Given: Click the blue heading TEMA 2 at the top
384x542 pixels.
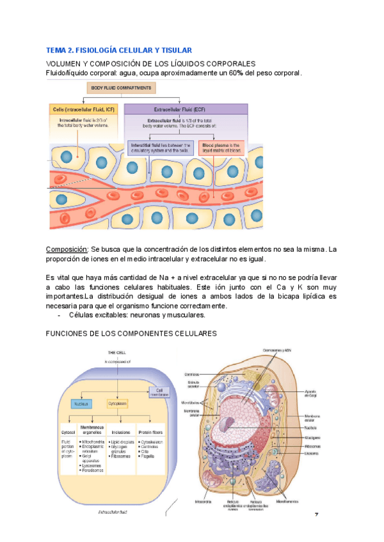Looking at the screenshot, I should coord(119,50).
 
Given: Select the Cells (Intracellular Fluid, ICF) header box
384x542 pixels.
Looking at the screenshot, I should coord(83,109).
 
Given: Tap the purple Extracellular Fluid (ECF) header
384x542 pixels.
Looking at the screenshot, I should coord(184,109).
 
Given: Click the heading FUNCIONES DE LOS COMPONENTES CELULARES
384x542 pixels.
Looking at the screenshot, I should coord(132,334).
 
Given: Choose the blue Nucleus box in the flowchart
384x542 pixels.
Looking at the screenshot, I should coord(81,404).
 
